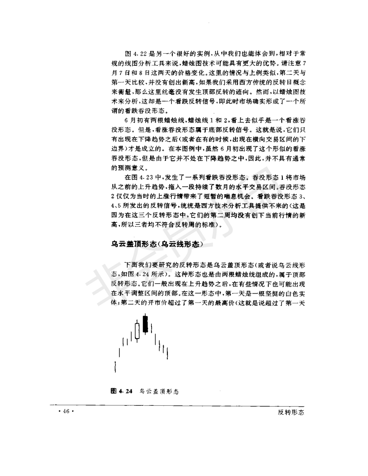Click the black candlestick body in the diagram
coord(145,324)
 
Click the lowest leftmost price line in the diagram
coord(115,366)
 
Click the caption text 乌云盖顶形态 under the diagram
coord(159,391)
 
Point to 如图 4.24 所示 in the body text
coord(133,275)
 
